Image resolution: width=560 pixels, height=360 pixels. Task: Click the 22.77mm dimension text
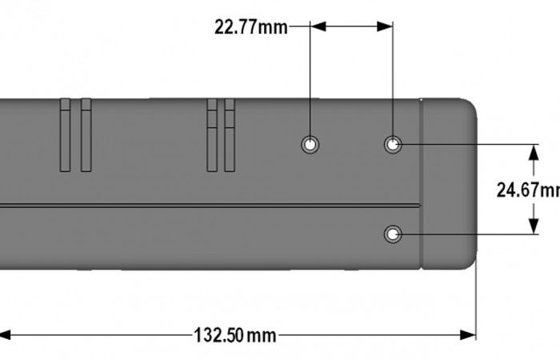pos(250,27)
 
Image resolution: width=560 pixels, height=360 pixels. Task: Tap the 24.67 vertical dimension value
pos(527,190)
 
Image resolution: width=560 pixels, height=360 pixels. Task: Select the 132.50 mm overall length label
pos(234,335)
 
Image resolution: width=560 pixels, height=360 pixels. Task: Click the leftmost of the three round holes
pos(310,145)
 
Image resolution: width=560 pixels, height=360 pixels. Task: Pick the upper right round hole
pos(393,145)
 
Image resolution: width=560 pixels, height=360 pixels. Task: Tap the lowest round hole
pos(393,234)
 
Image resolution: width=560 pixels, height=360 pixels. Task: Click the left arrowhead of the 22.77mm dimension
pos(318,26)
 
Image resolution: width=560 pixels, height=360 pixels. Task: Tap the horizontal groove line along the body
pos(208,206)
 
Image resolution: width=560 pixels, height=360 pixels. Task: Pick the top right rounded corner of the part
pos(471,105)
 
